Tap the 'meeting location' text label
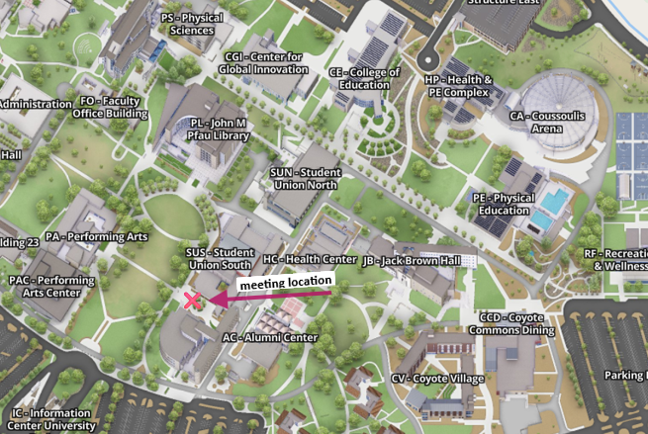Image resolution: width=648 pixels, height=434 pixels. point(285,283)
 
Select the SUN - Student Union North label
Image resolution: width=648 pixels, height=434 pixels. point(305,178)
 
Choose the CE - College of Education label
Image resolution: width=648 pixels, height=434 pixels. point(364,78)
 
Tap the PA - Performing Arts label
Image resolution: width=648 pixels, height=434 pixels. point(96,237)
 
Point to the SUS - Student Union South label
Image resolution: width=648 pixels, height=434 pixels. point(220,259)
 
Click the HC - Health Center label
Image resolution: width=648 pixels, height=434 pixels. point(310,259)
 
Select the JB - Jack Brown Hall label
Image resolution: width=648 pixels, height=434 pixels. point(413,261)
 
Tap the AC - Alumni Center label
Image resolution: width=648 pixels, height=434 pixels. point(269,337)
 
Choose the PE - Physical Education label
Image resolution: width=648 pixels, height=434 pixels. point(504,204)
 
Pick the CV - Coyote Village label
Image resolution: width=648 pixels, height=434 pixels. point(437,379)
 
